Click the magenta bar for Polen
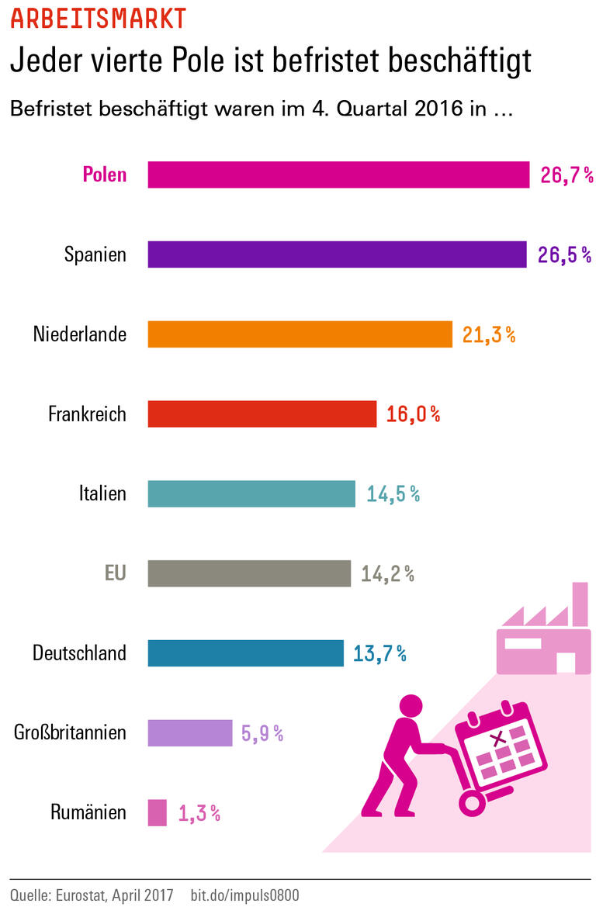338,175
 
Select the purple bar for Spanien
337,254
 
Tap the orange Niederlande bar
300,334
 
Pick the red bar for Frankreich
262,414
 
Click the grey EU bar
249,573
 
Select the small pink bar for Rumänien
157,812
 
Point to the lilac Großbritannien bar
190,732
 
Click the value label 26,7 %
567,175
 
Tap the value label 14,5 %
393,493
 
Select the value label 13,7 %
379,653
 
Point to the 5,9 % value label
262,733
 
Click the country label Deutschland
79,653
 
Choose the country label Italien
102,493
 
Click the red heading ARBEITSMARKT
98,19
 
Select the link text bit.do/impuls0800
244,895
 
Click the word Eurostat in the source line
84,895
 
